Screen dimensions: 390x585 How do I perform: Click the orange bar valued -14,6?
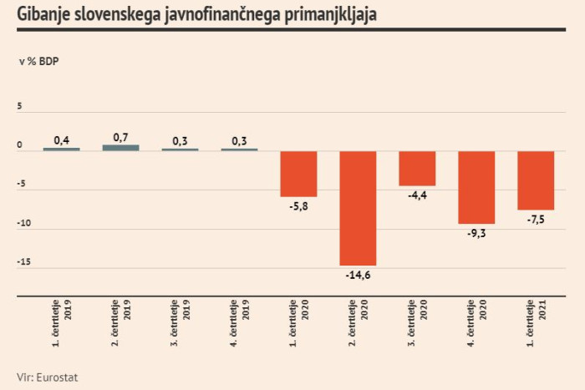click(x=358, y=208)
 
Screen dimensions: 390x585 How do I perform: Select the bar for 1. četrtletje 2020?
click(x=298, y=174)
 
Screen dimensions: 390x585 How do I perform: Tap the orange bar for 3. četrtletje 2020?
click(x=417, y=168)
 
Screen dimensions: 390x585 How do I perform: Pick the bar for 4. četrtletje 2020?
click(x=476, y=187)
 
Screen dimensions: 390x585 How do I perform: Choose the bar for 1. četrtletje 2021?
click(x=536, y=180)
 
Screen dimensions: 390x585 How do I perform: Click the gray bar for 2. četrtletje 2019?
click(x=120, y=148)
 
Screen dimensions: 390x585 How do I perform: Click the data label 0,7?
click(x=120, y=137)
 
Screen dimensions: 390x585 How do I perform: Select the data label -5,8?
click(x=298, y=205)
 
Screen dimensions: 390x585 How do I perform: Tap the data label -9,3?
click(x=476, y=233)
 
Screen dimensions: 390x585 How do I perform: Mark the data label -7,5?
click(x=536, y=219)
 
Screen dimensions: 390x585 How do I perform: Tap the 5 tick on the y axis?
click(x=20, y=107)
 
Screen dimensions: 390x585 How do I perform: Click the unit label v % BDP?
click(x=39, y=62)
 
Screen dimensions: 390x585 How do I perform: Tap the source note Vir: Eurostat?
click(x=48, y=377)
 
